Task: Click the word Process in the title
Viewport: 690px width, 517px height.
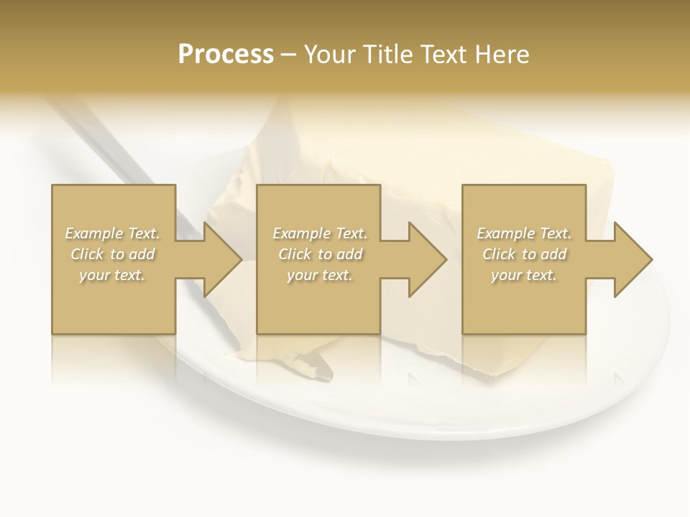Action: point(226,55)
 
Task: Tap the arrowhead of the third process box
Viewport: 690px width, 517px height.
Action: point(632,259)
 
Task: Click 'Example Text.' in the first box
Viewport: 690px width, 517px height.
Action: point(112,233)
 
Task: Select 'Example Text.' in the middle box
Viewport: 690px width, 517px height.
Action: point(320,233)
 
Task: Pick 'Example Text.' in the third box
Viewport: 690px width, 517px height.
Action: point(524,233)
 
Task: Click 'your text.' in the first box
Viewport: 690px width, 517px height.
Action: point(112,275)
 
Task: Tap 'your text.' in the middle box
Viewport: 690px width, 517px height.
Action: point(320,275)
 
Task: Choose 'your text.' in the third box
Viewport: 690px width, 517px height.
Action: point(524,275)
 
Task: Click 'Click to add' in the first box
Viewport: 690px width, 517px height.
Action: point(112,254)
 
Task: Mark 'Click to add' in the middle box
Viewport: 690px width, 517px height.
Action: point(320,254)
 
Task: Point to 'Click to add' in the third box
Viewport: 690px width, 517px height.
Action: point(524,254)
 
